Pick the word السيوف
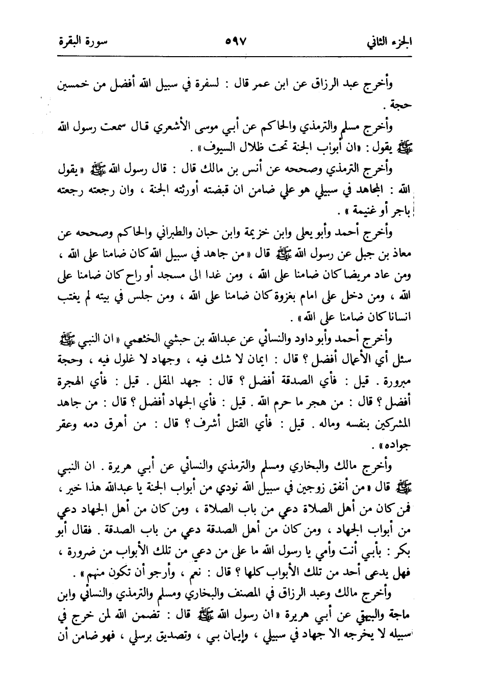(205, 149)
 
